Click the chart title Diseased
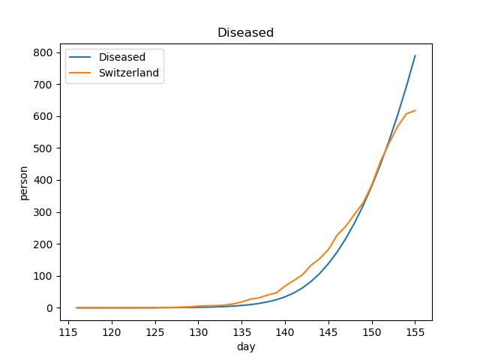tap(245, 33)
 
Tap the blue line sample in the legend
tap(81, 57)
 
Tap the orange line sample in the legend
tap(81, 73)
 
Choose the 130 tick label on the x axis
tap(198, 332)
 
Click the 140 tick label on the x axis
tap(285, 332)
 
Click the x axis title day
tap(245, 346)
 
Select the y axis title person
tap(24, 183)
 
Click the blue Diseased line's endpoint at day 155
tap(415, 55)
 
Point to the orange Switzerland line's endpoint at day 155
tap(415, 111)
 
